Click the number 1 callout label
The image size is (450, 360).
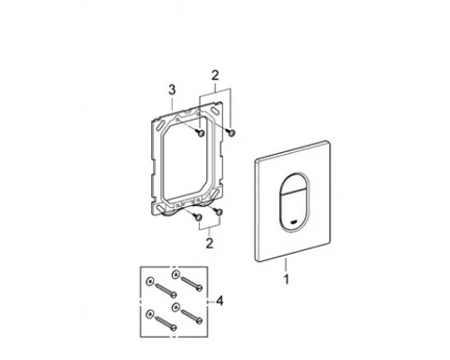point(286,279)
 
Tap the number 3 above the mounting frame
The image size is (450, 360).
point(172,90)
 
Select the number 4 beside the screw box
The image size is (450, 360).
point(220,301)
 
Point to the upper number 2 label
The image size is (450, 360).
point(215,76)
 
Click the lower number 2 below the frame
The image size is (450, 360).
point(210,243)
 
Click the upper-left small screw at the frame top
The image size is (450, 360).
point(201,133)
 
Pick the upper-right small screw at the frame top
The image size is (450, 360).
point(231,132)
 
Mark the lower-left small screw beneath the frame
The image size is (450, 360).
point(197,217)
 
